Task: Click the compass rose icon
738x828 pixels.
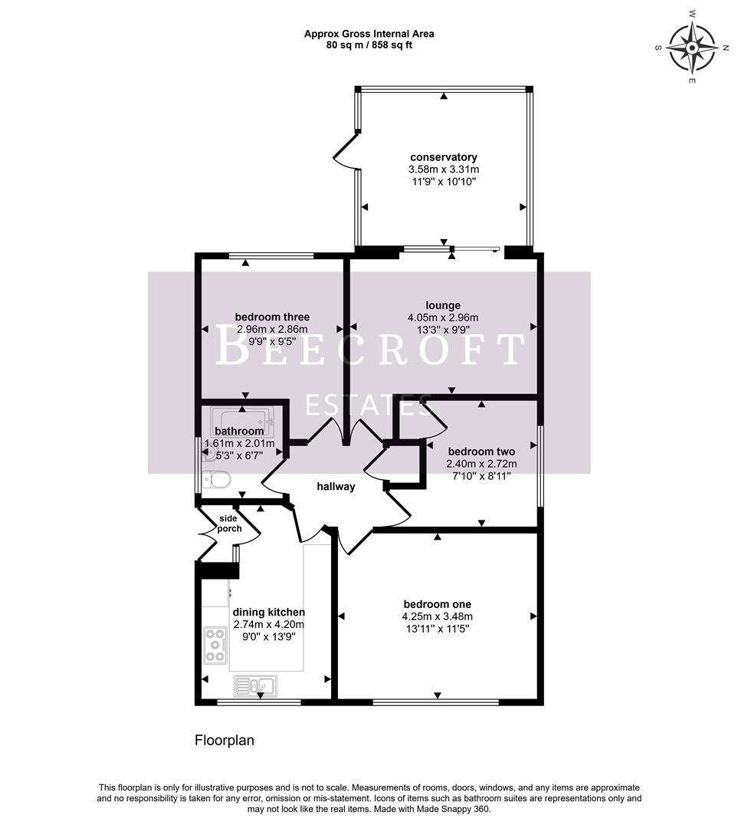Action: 691,47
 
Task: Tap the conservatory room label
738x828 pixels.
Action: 444,157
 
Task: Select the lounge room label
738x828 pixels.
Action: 444,305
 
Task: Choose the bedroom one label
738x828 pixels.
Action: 437,604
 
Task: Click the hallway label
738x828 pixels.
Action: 336,486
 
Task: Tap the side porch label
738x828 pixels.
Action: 230,524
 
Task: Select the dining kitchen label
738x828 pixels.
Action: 268,612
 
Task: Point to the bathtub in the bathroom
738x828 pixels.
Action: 242,419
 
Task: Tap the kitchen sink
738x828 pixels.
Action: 256,684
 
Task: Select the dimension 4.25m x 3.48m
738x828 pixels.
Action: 437,616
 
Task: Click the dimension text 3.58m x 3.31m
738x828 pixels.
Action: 444,169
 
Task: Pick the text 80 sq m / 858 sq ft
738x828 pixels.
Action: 369,44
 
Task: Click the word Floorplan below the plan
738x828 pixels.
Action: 224,741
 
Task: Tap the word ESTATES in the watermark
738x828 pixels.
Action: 369,404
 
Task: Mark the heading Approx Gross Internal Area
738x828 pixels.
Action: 369,33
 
